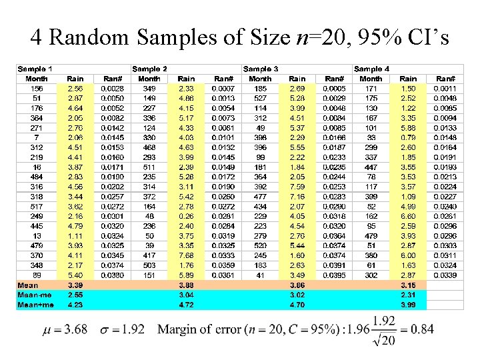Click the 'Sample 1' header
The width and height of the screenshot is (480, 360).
[x=36, y=69]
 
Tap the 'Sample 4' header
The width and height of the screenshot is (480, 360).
[x=372, y=69]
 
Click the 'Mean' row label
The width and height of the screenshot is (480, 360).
[x=29, y=285]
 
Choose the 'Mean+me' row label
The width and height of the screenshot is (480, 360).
[x=35, y=305]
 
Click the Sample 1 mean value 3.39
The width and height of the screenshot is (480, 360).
[x=75, y=285]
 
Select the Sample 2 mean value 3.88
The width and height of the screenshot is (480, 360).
[x=187, y=285]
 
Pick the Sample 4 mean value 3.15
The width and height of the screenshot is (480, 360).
[x=409, y=285]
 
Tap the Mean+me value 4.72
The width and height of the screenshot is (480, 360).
[x=187, y=305]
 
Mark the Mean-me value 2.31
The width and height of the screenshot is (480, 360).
[x=409, y=294]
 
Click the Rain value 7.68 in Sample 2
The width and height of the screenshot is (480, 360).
[x=187, y=255]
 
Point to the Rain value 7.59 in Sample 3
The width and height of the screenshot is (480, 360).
[x=297, y=187]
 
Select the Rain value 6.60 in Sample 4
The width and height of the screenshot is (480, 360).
[x=409, y=216]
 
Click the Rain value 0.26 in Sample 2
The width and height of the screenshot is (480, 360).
[x=187, y=216]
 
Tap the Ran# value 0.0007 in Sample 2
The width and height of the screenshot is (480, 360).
[x=223, y=88]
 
